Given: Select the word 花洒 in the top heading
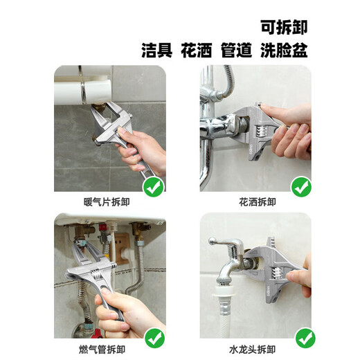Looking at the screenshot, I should [197, 51].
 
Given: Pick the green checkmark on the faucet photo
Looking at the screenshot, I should [305, 339].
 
